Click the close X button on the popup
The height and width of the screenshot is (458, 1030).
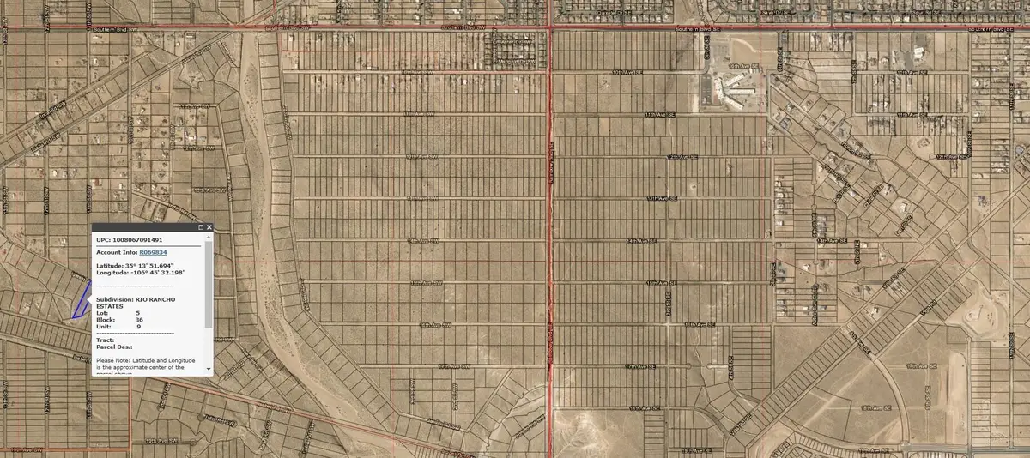pos(209,227)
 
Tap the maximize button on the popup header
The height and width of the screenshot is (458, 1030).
pos(200,227)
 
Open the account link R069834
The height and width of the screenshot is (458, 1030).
pos(153,253)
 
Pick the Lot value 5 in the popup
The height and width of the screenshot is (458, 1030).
pos(137,313)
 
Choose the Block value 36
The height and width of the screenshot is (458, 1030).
pos(139,320)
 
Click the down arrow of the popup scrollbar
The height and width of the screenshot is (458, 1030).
pos(209,368)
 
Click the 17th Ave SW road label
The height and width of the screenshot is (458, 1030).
pos(459,366)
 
